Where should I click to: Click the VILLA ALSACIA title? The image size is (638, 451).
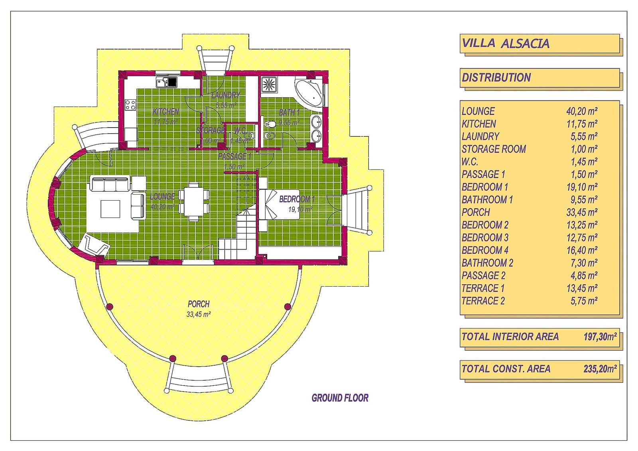tap(506, 43)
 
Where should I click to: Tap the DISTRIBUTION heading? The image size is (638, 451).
tap(496, 77)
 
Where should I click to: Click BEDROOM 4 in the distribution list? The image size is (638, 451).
tap(485, 250)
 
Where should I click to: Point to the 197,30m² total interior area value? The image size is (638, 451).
tap(600, 337)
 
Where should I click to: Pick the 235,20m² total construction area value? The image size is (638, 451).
tap(600, 369)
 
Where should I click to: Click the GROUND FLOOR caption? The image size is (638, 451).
tap(340, 398)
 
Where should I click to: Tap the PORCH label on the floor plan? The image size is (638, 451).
tap(199, 304)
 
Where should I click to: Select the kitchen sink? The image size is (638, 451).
tap(166, 83)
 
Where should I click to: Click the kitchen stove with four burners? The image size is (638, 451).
tap(130, 105)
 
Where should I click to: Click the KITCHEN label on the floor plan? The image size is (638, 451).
tap(166, 112)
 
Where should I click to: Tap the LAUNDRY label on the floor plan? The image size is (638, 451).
tap(226, 95)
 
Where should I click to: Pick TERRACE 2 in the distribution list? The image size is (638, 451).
tap(483, 301)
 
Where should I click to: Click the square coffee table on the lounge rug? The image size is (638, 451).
tap(110, 209)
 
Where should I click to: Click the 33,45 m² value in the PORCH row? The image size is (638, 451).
tap(584, 213)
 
